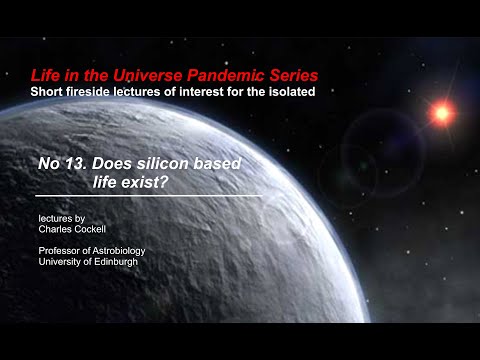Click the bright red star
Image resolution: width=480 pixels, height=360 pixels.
tap(440, 112)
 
